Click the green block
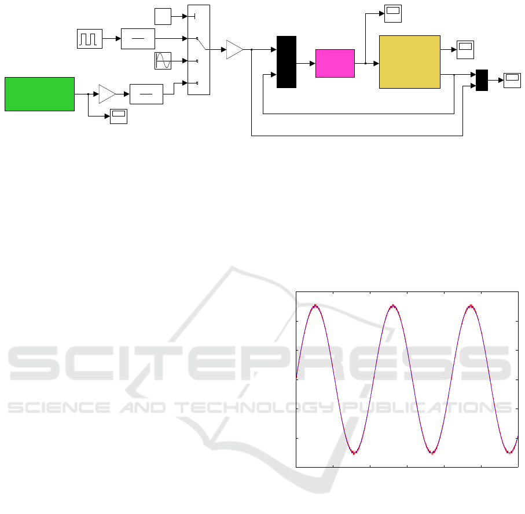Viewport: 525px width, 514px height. tap(39, 93)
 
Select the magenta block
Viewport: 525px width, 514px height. tap(335, 63)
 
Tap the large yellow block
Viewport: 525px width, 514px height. tap(409, 61)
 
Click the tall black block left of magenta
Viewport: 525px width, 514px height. tap(287, 62)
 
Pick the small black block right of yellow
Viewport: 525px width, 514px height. tap(482, 80)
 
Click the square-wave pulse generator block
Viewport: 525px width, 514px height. tap(90, 38)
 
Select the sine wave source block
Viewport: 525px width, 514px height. tap(163, 61)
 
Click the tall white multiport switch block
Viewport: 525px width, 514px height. tap(199, 49)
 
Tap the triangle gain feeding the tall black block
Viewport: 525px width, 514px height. tap(234, 50)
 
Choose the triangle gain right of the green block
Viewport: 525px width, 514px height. tap(107, 93)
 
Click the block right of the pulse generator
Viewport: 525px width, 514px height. tap(138, 38)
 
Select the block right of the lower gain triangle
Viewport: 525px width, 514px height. tap(146, 93)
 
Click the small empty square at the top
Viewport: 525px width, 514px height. tap(163, 16)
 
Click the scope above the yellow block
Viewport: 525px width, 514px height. tap(394, 13)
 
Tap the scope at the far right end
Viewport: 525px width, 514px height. tap(512, 80)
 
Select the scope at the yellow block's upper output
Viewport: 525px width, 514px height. tap(465, 50)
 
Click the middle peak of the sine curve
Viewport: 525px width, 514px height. tap(393, 305)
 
